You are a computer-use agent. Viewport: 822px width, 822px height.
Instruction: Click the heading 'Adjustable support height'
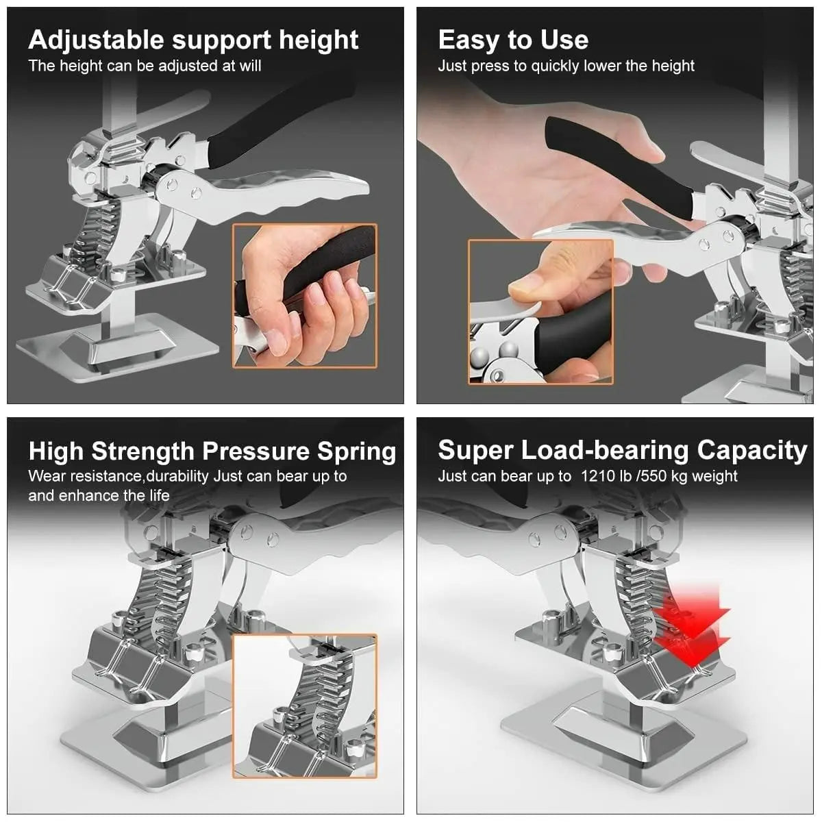coord(193,40)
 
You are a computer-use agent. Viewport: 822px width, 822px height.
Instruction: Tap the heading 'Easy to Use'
coord(513,40)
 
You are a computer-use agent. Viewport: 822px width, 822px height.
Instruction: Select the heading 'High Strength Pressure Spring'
coord(212,451)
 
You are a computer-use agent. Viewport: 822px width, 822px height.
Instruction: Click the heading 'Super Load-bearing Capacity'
coord(622,450)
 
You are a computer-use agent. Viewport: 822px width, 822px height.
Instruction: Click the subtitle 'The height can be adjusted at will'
coord(145,66)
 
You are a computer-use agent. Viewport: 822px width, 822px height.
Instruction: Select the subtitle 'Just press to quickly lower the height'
coord(566,66)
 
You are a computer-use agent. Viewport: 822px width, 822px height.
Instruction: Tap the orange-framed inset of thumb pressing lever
coord(540,312)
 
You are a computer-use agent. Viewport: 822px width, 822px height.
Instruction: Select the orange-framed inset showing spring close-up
coord(305,706)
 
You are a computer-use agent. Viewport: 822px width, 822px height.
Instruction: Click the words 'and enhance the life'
coord(99,495)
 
